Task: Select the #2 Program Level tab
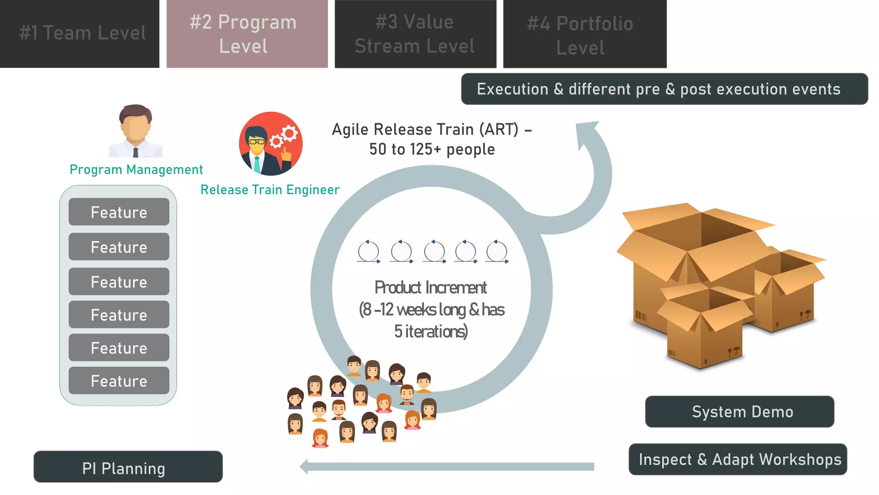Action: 247,34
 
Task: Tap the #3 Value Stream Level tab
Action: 415,34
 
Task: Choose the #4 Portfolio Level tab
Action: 585,34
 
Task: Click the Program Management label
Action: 136,170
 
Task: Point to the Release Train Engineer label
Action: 270,189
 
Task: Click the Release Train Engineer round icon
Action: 271,144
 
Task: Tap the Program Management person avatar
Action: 136,131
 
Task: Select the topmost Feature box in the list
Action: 119,212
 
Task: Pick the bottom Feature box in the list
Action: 119,381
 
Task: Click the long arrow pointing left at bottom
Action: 446,467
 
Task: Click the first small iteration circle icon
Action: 368,252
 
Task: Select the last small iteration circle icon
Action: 497,252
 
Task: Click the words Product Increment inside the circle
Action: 430,287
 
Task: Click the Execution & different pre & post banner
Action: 664,89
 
